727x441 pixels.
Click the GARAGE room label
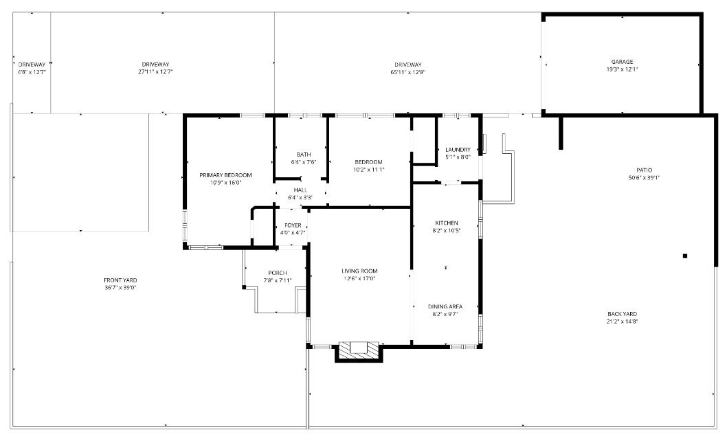point(622,62)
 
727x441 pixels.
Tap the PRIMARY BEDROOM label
point(225,175)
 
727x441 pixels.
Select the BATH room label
point(304,155)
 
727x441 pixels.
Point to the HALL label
point(300,190)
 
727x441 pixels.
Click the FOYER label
point(293,225)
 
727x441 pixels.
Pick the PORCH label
point(277,273)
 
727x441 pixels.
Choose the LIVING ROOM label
point(359,271)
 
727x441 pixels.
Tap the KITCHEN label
point(447,223)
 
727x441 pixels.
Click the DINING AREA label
point(445,306)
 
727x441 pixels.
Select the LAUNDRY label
point(458,150)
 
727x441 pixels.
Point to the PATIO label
point(644,170)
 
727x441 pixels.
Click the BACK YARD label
point(623,314)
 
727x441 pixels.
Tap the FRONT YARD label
point(120,280)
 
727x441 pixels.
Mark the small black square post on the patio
point(685,256)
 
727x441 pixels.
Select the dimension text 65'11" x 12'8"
point(408,72)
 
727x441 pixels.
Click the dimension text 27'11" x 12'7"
point(155,72)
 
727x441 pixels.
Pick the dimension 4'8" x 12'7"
point(32,72)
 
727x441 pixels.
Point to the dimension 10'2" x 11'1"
point(368,170)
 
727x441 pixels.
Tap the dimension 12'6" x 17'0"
point(359,279)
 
